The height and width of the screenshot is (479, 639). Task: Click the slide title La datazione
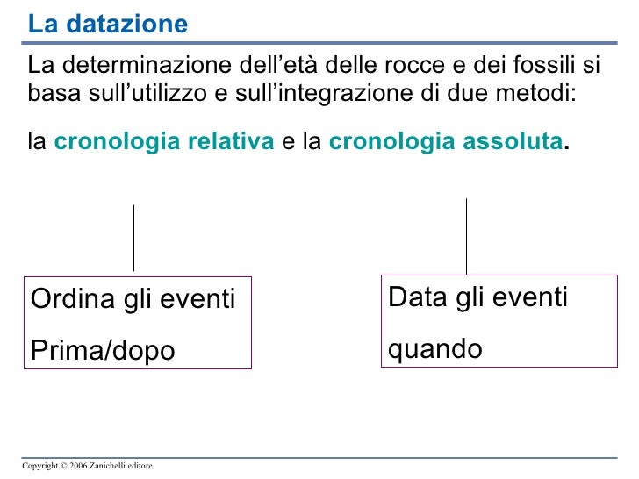[x=107, y=25]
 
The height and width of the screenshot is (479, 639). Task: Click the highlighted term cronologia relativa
[x=164, y=141]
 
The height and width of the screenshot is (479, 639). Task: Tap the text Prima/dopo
[x=103, y=350]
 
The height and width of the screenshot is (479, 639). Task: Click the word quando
[x=434, y=349]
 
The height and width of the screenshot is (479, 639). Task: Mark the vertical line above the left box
[x=133, y=238]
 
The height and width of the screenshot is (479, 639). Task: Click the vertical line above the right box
[x=466, y=235]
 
